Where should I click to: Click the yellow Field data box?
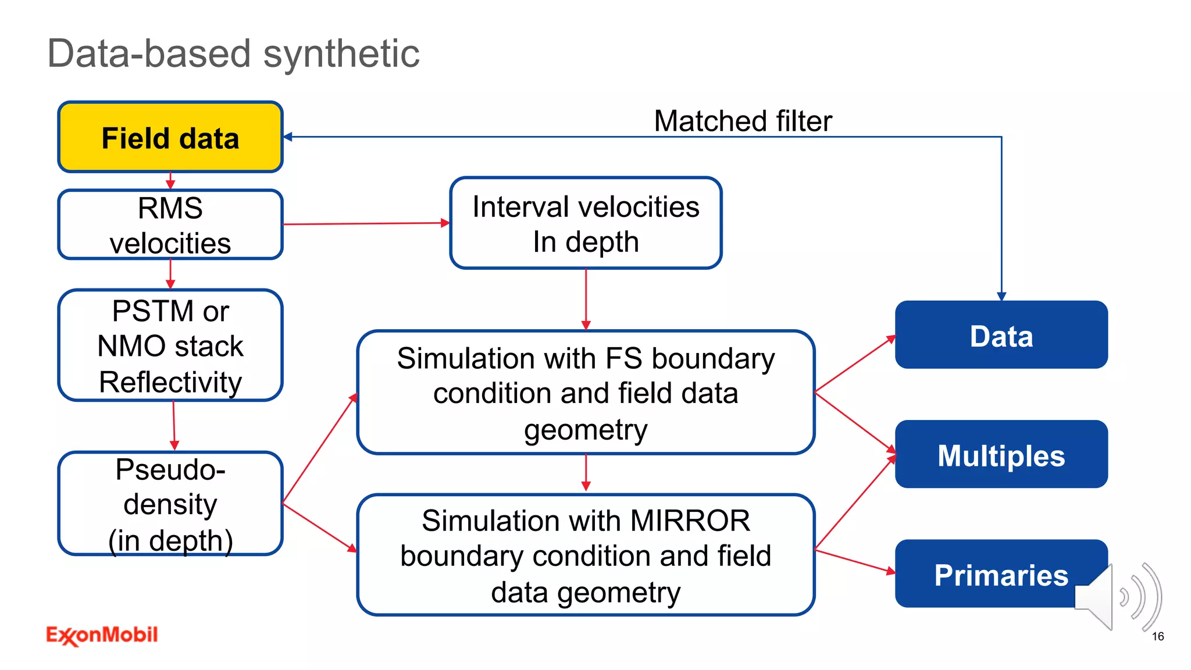170,138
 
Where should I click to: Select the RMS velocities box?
170,224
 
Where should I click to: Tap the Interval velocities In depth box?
586,223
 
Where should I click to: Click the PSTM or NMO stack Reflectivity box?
170,345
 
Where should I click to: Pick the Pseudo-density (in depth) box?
170,504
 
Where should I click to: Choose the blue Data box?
1001,335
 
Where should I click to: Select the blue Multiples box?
1001,455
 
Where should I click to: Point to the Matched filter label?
743,121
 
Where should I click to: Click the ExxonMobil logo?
102,635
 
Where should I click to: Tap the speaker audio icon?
1117,597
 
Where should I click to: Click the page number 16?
1157,636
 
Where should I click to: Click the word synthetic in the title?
341,54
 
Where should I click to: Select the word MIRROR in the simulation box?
690,521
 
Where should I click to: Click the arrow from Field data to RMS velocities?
170,181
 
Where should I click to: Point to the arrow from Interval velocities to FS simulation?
586,299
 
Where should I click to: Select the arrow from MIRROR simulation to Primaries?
855,561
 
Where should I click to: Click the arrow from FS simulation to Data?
855,364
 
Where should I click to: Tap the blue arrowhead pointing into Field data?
288,137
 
